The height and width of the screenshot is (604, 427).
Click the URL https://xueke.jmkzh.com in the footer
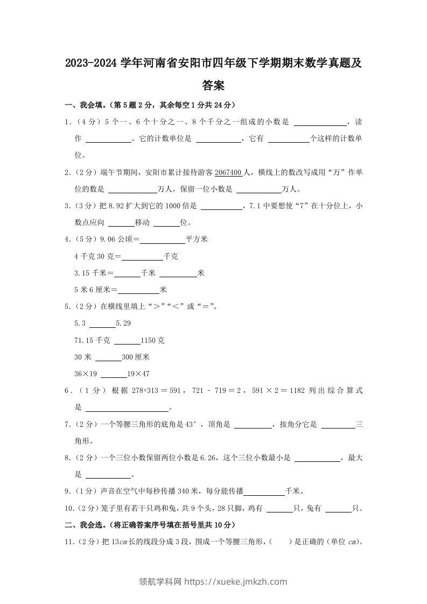[x=235, y=581]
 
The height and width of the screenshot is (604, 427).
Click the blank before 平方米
[x=162, y=240]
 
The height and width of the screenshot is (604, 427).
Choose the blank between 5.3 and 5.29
[x=102, y=324]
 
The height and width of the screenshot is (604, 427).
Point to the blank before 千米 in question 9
[x=264, y=491]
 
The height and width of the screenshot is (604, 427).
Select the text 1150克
[x=152, y=341]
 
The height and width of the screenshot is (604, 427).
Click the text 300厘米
[x=135, y=357]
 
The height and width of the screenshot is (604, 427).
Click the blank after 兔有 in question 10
[x=338, y=508]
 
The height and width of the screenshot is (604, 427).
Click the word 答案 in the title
[x=213, y=85]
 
